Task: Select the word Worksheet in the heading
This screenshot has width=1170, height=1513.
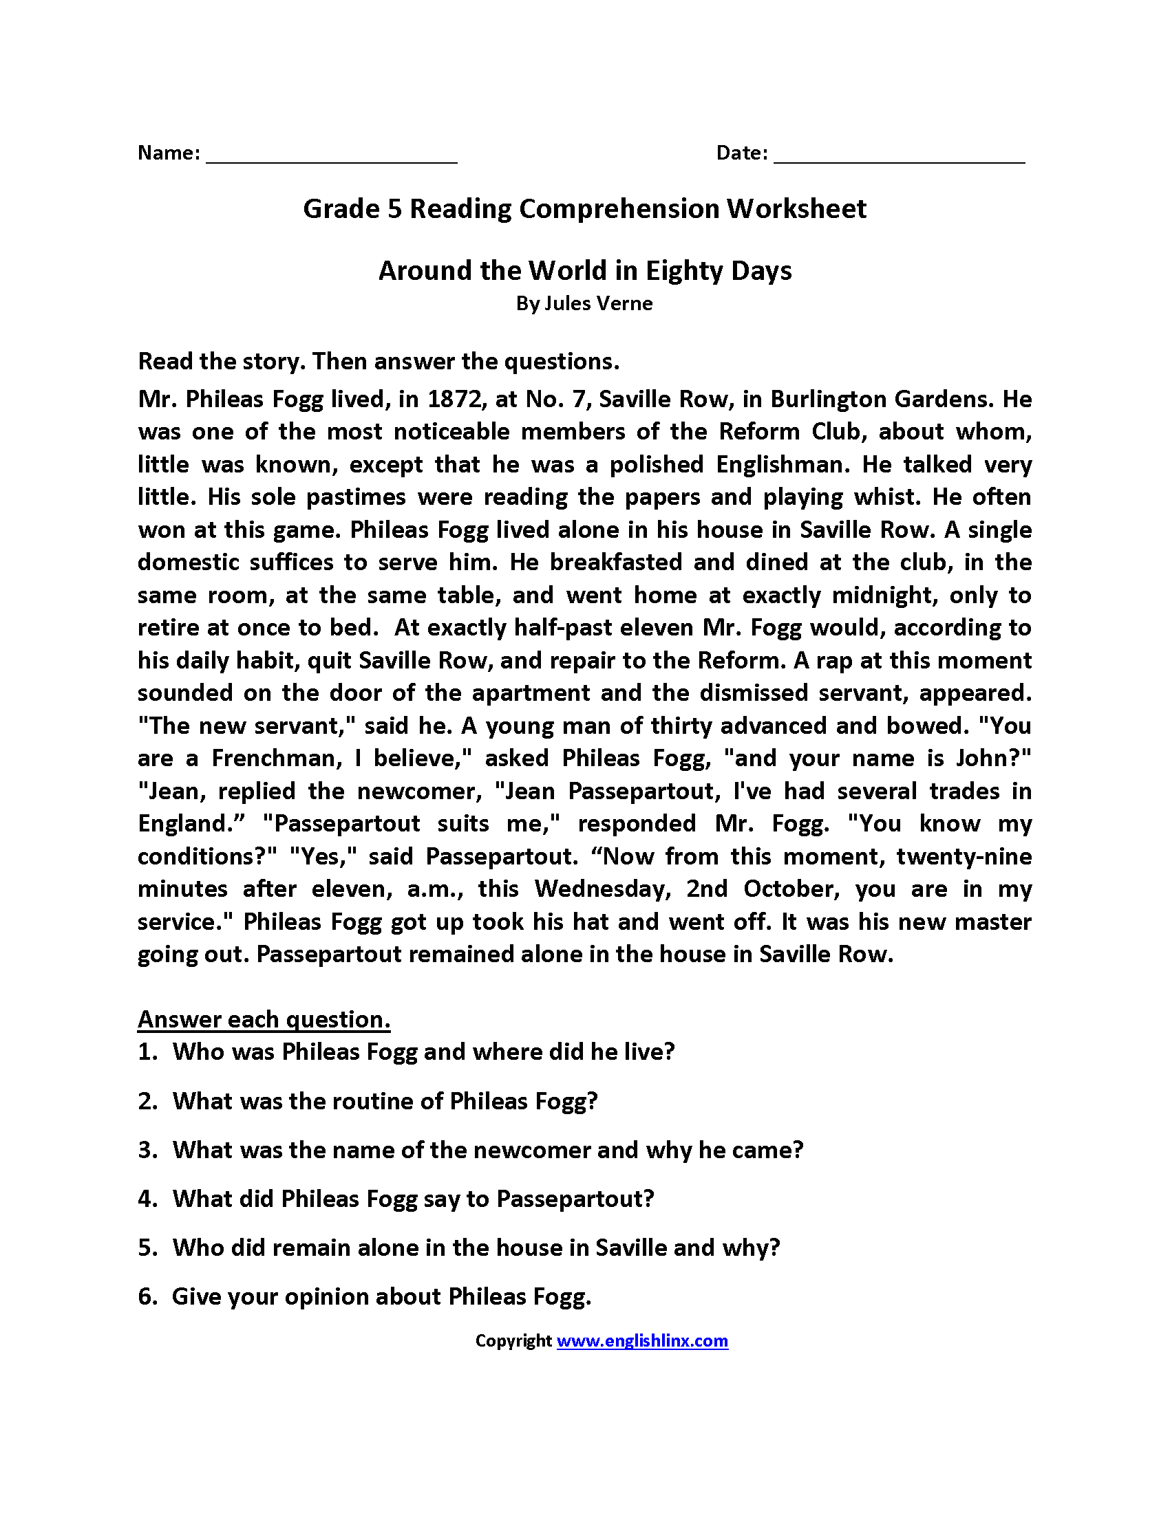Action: pyautogui.click(x=796, y=208)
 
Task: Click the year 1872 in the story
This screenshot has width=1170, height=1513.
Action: pyautogui.click(x=455, y=399)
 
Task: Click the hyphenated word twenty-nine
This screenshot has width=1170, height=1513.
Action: pyautogui.click(x=964, y=856)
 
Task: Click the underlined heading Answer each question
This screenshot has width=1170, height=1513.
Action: pyautogui.click(x=264, y=1019)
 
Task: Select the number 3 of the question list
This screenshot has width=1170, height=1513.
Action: pyautogui.click(x=145, y=1150)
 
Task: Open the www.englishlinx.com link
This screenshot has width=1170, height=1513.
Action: pyautogui.click(x=642, y=1340)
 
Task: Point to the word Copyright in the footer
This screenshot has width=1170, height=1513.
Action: pyautogui.click(x=513, y=1340)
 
